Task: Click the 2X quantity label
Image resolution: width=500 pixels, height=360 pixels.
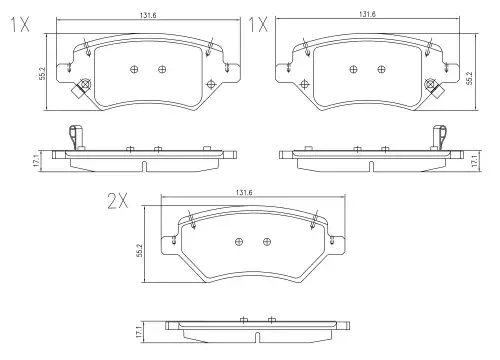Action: (x=117, y=201)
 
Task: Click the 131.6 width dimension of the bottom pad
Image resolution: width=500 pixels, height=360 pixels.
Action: (x=244, y=193)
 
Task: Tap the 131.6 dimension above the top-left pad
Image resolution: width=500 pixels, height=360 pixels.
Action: (x=148, y=15)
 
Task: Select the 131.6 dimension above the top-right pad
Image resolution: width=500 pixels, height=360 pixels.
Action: (x=367, y=14)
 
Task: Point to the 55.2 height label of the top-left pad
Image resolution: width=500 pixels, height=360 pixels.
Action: (x=42, y=73)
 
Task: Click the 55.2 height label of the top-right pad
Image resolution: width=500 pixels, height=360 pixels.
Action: (x=469, y=77)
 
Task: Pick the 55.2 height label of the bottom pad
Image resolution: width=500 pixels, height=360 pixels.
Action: (x=140, y=250)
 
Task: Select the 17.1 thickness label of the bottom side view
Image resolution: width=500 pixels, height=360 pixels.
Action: (x=139, y=332)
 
